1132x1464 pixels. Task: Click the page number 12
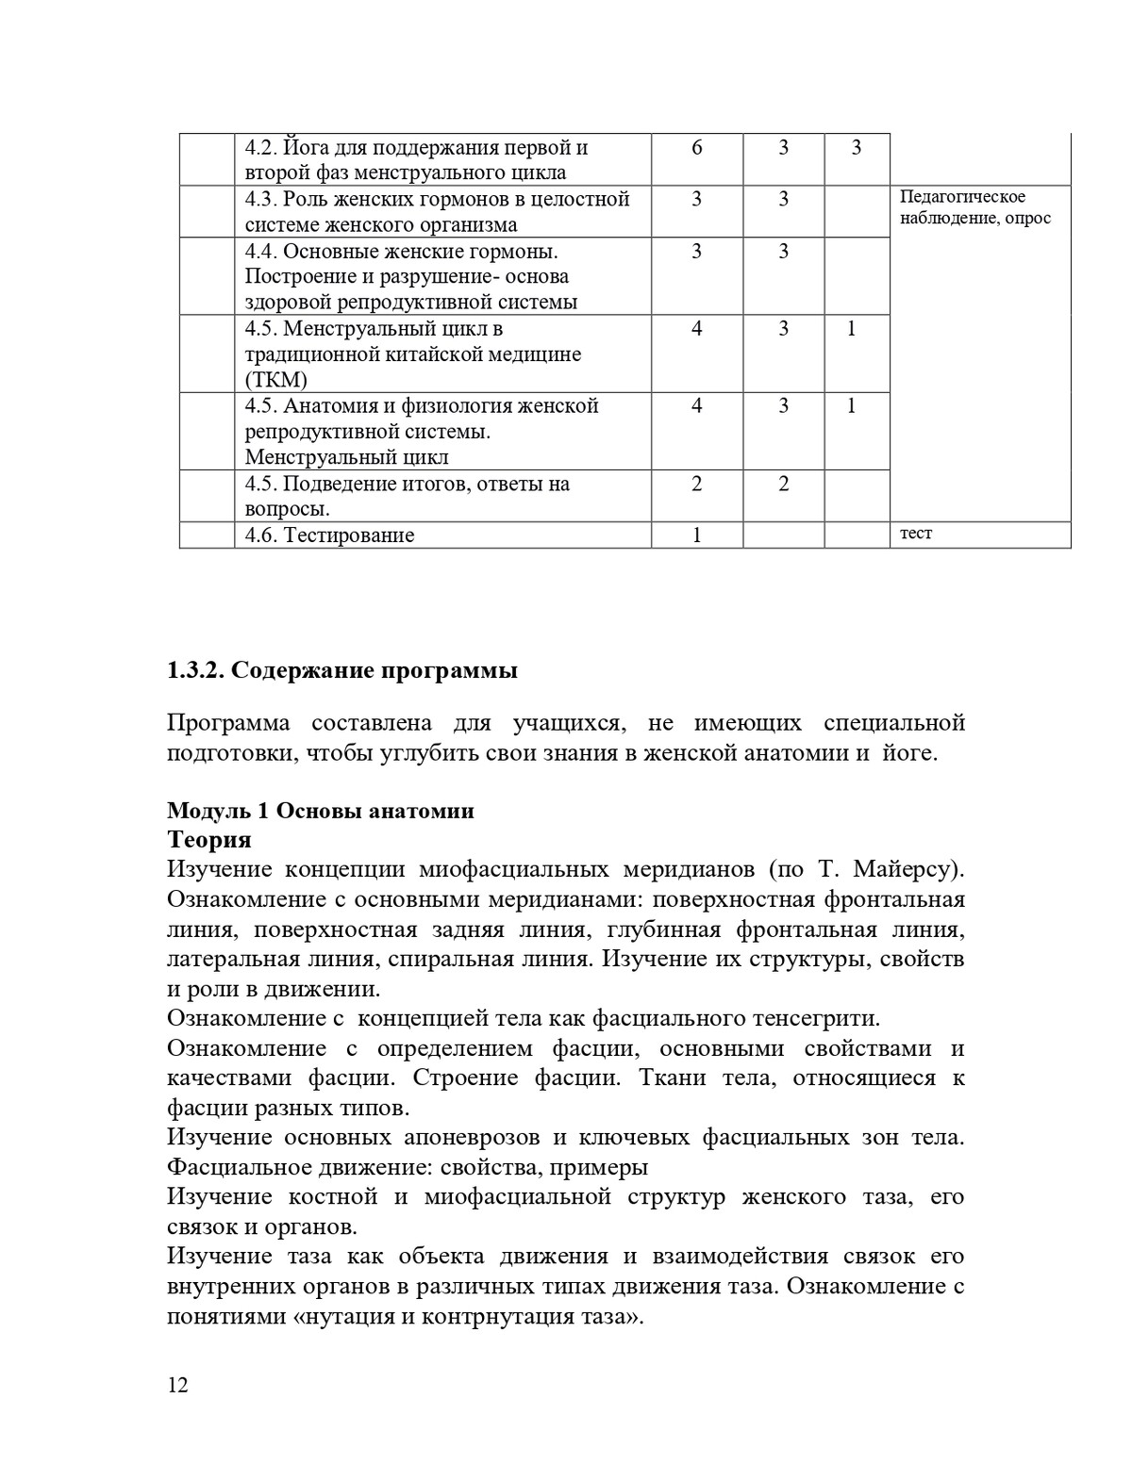pos(177,1385)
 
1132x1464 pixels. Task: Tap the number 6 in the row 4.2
pos(697,148)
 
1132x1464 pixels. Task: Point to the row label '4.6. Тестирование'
pos(329,535)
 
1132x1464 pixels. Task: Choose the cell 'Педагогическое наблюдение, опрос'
pos(974,207)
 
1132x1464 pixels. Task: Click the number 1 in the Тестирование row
pos(697,535)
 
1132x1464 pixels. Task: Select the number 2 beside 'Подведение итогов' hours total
pos(697,485)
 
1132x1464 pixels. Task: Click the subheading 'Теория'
pos(208,839)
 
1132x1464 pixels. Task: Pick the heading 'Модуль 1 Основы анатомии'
pos(320,811)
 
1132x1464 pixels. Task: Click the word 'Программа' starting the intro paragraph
pos(228,723)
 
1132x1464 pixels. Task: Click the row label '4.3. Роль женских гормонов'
pos(437,200)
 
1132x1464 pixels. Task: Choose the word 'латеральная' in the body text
pos(224,960)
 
